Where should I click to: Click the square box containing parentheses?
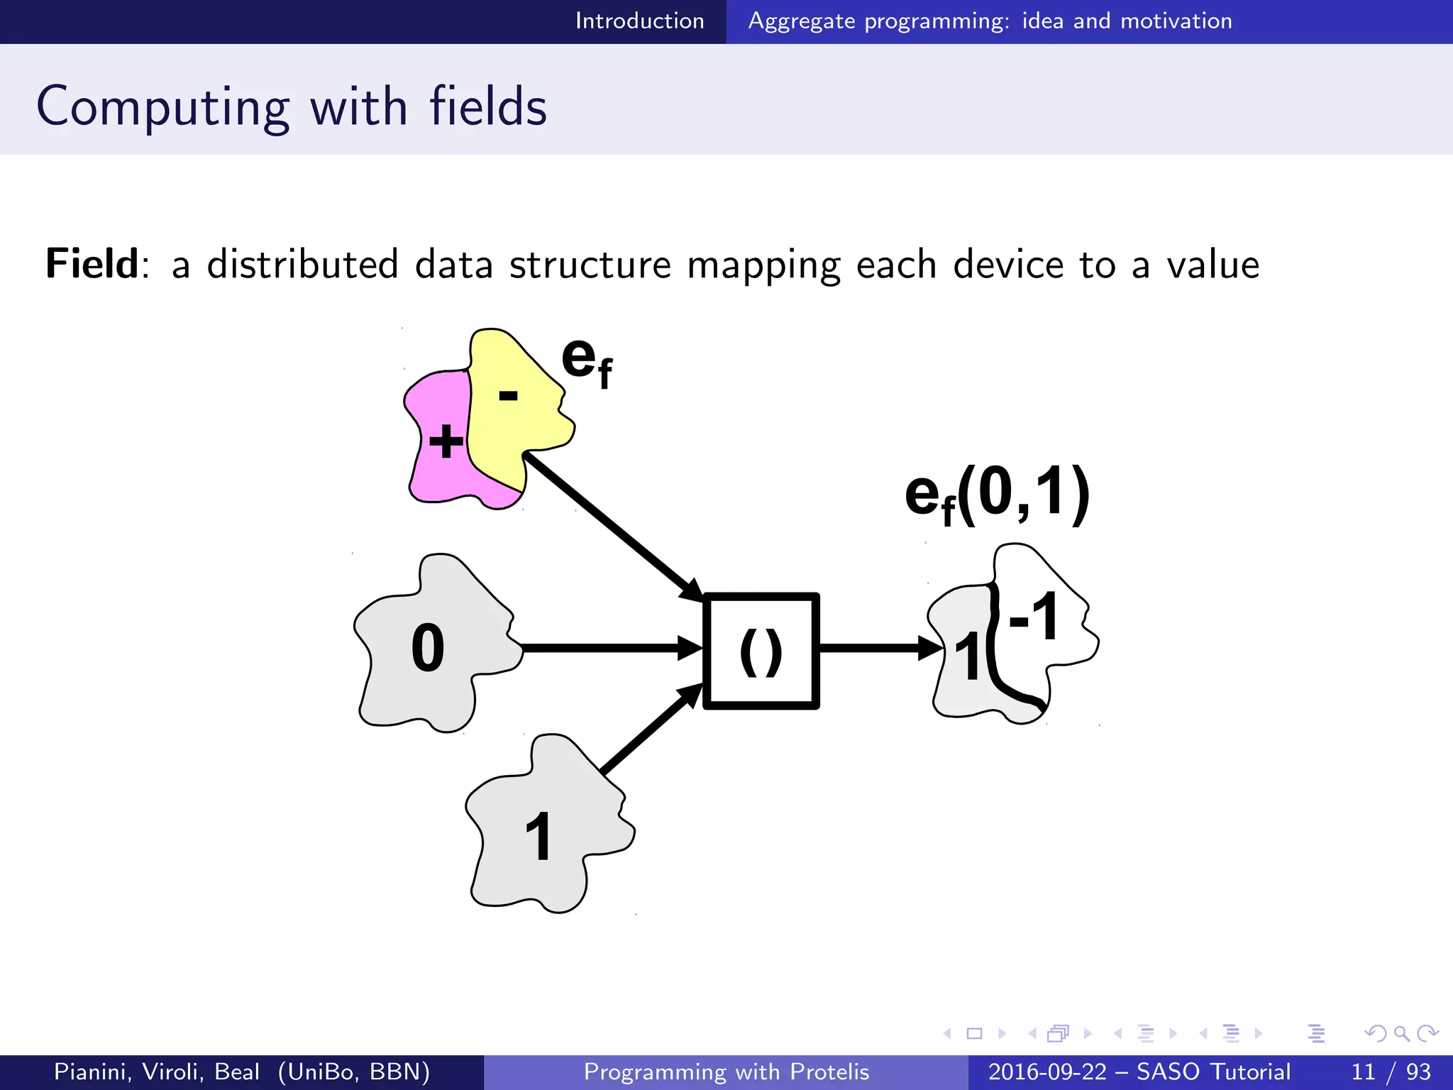click(761, 651)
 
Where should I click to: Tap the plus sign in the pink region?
click(446, 441)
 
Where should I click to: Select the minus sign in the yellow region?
click(508, 396)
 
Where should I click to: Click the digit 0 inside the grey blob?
click(428, 647)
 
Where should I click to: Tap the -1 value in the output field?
click(1034, 617)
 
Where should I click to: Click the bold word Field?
click(92, 264)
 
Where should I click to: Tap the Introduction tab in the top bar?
click(639, 21)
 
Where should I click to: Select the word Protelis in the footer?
click(829, 1072)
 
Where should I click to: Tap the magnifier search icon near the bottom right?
click(1401, 1033)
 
